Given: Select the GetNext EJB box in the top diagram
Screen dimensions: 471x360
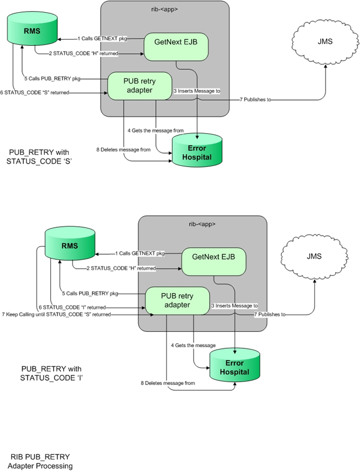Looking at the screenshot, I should point(176,46).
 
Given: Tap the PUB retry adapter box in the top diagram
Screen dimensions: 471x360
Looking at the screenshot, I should point(131,86).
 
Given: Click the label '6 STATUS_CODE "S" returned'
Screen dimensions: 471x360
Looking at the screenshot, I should point(35,92).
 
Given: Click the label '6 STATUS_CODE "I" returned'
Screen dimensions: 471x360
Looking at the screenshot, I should point(72,307).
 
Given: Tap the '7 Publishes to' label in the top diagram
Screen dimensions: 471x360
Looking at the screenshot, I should point(258,100).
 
